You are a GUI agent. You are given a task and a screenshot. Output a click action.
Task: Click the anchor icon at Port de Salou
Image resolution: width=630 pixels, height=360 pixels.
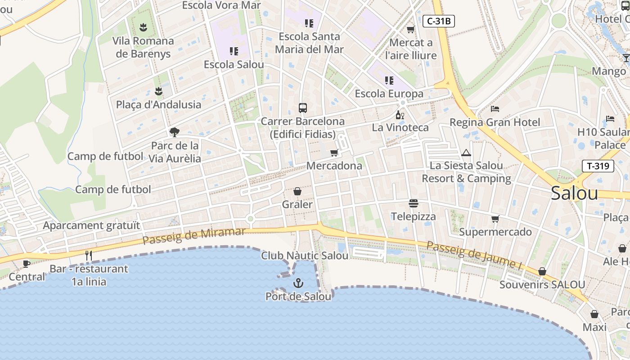pos(298,283)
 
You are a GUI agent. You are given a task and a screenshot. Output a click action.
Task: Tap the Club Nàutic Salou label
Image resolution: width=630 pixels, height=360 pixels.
pos(305,256)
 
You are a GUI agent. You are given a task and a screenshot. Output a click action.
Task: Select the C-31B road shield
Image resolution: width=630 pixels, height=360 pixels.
pos(439,21)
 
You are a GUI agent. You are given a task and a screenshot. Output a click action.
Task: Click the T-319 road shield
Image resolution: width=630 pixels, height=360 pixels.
pos(598,166)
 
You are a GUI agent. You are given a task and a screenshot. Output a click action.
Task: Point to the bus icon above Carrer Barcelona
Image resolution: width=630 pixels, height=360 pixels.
pos(303,108)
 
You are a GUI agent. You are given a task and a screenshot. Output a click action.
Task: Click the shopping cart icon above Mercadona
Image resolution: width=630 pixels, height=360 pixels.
pos(334,153)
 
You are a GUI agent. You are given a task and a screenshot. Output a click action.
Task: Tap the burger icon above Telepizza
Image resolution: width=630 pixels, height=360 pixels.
pos(414,203)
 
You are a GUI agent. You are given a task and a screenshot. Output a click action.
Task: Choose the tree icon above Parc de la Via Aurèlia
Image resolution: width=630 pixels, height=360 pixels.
pos(175,132)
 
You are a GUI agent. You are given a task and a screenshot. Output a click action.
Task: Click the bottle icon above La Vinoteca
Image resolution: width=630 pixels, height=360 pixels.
pos(400,115)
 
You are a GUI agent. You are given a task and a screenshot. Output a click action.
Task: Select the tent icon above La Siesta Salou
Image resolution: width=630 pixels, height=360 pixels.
pos(466,153)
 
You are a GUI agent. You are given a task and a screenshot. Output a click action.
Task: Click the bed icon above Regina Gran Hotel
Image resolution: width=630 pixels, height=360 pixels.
pos(495,109)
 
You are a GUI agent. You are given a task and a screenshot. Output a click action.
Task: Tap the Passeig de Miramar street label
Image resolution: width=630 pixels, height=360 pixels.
pos(194,235)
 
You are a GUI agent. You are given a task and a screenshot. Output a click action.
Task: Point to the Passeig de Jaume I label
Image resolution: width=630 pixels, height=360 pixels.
pos(473,255)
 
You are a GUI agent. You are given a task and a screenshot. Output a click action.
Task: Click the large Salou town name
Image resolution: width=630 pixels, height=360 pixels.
pos(574,193)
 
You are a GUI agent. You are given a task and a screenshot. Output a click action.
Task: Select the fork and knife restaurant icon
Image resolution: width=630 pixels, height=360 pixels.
pos(89,256)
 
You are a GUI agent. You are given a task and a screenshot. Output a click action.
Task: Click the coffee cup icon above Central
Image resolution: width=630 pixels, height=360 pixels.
pos(27,264)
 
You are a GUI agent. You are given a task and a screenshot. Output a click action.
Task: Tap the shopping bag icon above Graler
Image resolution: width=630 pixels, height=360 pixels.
pos(297,192)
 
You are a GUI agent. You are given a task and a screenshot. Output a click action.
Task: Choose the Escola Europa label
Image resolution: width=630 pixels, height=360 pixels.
pos(389,94)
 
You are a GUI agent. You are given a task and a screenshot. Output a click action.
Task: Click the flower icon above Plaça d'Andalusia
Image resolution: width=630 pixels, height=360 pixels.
pos(158,91)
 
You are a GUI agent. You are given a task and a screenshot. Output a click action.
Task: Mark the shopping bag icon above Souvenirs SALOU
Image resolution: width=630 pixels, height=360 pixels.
pos(542,271)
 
